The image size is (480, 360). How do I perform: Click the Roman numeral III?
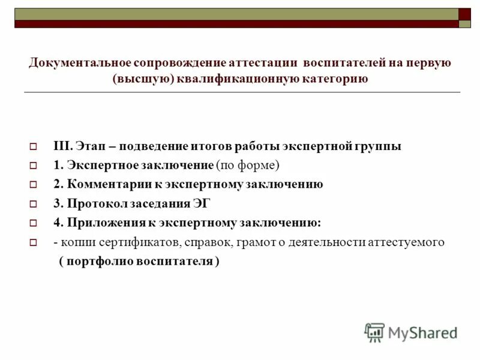tap(62, 146)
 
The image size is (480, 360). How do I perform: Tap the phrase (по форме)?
tap(248, 165)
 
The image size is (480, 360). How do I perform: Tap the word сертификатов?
tap(121, 242)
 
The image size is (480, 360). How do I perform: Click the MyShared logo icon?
tap(374, 332)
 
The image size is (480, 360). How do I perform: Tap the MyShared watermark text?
tap(422, 332)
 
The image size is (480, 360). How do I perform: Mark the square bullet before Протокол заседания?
tap(34, 204)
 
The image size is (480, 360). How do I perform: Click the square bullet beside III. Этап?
tap(34, 146)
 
